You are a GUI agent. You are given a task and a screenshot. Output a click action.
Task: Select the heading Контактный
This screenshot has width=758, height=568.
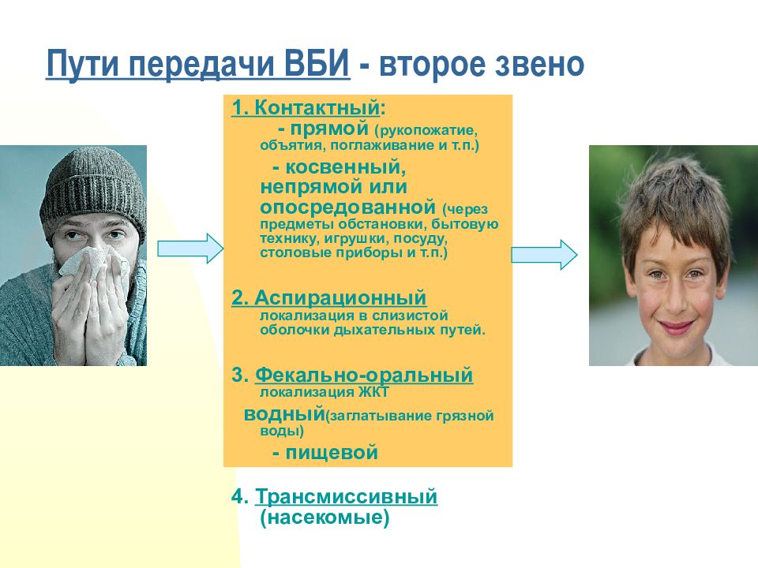[x=317, y=107]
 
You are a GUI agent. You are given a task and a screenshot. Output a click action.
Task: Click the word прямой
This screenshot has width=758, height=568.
[x=330, y=129]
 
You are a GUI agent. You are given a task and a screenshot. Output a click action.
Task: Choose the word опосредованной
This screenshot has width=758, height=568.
[x=348, y=207]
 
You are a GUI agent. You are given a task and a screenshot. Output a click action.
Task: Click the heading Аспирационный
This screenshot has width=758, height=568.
[x=340, y=297]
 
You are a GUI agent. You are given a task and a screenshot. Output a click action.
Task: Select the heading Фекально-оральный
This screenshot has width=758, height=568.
[x=364, y=375]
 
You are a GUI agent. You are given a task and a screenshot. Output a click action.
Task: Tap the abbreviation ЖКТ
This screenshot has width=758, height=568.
[x=373, y=392]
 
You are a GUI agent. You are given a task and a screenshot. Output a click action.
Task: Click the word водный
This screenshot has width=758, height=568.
[x=284, y=414]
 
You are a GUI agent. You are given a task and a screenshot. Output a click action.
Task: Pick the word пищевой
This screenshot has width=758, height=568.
[x=332, y=453]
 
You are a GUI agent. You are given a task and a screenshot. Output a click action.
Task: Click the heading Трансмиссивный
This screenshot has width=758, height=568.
[x=346, y=496]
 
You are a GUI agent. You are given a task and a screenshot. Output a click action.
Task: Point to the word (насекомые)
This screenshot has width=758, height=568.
[x=325, y=518]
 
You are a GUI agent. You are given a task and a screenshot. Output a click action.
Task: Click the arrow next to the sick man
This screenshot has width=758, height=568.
[x=190, y=248]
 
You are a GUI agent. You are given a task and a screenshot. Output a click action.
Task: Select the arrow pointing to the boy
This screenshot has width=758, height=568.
[x=544, y=255]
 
